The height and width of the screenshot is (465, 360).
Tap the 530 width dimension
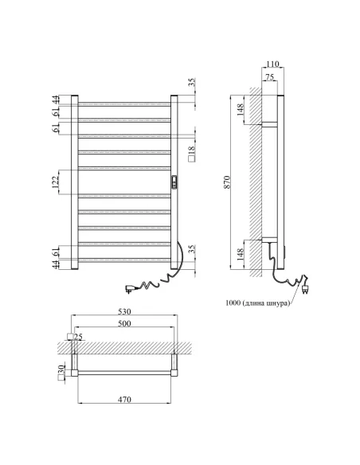pos(124,312)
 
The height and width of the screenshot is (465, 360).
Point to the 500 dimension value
pos(124,324)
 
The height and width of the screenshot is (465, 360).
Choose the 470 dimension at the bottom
pos(124,398)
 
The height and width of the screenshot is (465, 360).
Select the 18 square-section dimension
pos(192,150)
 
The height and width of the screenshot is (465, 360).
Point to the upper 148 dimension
pos(241,108)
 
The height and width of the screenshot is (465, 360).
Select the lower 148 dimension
pos(241,255)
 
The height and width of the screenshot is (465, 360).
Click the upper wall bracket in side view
pos(269,124)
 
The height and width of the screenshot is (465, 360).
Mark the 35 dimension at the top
pos(192,83)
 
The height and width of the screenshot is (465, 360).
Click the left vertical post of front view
pos(75,183)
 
